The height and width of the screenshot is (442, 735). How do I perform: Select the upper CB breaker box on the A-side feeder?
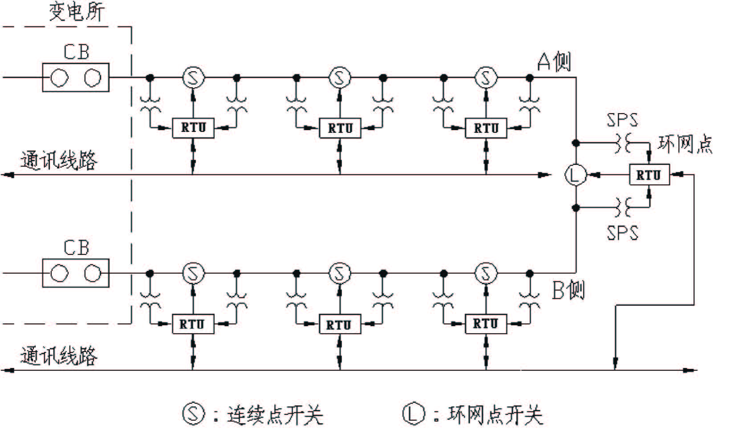coord(76,78)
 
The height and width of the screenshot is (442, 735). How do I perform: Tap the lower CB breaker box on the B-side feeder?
coord(76,273)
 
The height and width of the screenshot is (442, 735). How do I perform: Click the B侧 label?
coord(568,290)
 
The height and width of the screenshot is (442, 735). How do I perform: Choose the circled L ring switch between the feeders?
coord(576,175)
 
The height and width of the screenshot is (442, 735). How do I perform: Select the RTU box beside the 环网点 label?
coord(649,175)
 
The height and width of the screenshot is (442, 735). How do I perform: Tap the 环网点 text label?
coord(685,145)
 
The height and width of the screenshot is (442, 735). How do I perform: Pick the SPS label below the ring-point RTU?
coord(622,233)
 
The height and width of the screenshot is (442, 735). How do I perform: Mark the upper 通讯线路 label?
coord(58,160)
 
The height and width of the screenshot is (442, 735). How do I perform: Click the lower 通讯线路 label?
coord(58,356)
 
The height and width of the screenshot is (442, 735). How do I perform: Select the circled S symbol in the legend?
coord(194,413)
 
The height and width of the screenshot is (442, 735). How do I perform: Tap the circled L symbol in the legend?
coord(414,413)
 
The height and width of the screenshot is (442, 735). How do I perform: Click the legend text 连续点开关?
coord(275,415)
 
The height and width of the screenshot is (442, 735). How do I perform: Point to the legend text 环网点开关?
coord(495,415)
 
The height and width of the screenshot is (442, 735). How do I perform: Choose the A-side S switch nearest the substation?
coord(193,78)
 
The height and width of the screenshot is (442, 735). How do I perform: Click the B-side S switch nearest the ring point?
coord(486,273)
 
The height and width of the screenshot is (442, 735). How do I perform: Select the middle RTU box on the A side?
coord(340,128)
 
